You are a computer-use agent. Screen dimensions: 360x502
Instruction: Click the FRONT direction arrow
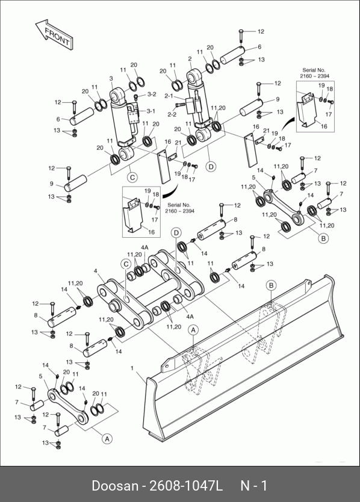54,34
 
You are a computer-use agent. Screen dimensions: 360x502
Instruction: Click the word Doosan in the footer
114,485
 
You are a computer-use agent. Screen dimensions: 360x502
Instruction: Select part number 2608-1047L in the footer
186,485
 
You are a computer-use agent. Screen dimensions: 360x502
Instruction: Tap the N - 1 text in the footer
253,485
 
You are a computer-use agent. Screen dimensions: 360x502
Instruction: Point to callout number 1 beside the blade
132,368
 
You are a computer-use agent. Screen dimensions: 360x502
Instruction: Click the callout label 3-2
152,94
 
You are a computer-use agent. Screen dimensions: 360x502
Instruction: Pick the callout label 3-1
151,111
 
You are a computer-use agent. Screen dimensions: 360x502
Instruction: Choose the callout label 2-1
169,96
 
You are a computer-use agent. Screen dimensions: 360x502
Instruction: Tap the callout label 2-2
172,114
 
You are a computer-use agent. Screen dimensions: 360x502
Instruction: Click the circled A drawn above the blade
193,329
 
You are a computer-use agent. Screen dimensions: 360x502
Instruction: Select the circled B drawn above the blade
272,285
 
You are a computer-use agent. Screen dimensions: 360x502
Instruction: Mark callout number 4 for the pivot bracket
96,271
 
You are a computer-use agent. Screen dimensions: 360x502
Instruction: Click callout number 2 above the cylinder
190,59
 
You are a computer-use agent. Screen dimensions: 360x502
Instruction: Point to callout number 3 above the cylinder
111,78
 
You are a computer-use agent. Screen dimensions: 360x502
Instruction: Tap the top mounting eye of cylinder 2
194,77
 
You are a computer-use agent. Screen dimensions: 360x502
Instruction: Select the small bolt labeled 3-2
135,96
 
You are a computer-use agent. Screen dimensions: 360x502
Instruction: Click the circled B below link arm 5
323,238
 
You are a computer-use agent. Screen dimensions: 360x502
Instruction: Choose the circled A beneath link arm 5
107,439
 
